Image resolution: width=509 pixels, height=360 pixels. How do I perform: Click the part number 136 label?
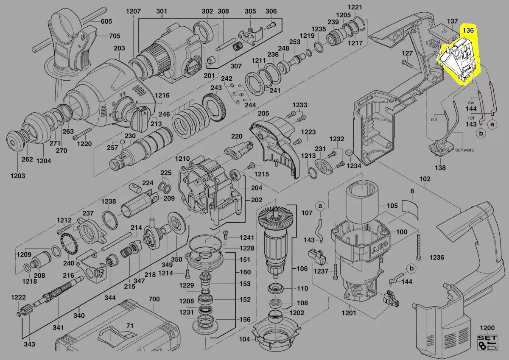point(468,31)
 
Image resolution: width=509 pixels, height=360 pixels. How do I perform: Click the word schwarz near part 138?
point(465,150)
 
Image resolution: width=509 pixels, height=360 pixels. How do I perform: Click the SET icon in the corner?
point(487,343)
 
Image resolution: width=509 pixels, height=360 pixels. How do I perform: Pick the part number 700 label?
point(154,299)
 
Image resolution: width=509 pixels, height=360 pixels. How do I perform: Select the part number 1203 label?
point(18,176)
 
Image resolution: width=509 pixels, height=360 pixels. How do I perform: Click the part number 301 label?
point(162,11)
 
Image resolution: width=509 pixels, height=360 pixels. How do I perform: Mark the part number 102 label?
point(425,179)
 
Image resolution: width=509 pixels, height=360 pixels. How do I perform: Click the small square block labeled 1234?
point(349,152)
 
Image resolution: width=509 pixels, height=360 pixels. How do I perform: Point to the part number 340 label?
point(79,315)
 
